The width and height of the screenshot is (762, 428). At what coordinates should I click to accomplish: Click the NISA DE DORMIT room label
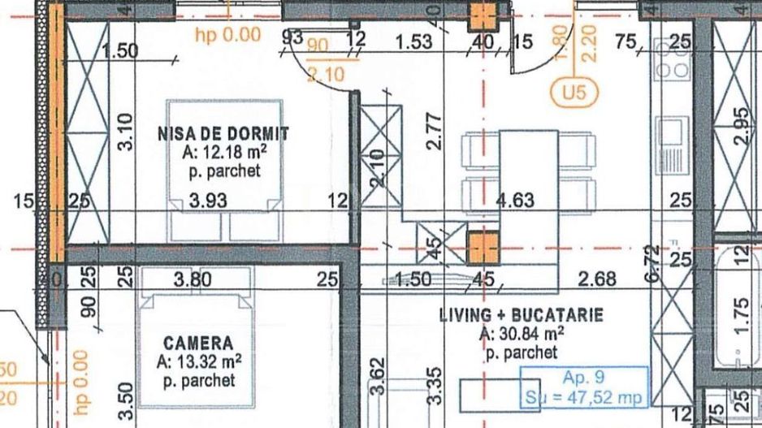point(223,133)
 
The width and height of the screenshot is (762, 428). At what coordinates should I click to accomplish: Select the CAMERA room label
point(197,344)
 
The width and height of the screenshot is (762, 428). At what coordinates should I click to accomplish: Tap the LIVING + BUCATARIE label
point(521,315)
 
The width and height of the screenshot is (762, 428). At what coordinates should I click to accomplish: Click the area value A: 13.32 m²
point(198,362)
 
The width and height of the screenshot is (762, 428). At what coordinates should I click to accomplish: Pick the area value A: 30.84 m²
point(522,334)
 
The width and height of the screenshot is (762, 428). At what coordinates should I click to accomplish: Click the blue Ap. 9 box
point(583,387)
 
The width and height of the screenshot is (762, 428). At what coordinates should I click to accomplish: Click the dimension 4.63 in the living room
point(515,200)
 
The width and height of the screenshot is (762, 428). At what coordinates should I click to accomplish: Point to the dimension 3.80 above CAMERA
point(193,279)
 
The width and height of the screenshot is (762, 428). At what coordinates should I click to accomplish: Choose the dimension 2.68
point(597,279)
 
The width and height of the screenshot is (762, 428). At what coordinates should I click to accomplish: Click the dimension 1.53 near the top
point(413,41)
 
